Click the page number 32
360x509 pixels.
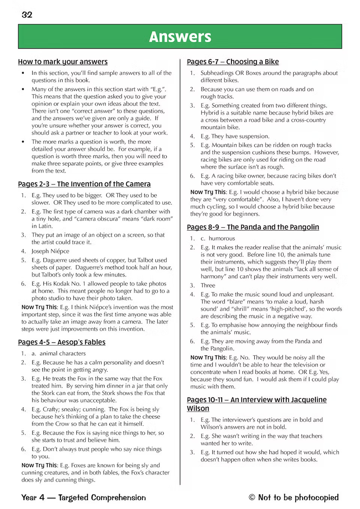point(27,15)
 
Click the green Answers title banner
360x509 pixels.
point(180,37)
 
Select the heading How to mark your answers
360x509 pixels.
point(63,62)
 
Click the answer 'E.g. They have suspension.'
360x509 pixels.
point(235,136)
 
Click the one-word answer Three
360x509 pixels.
point(208,285)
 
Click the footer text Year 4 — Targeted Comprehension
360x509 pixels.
point(84,497)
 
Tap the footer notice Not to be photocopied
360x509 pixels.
point(298,497)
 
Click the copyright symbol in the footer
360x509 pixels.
point(252,497)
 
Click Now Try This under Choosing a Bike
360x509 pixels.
point(208,192)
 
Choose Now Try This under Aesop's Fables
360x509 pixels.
point(39,465)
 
